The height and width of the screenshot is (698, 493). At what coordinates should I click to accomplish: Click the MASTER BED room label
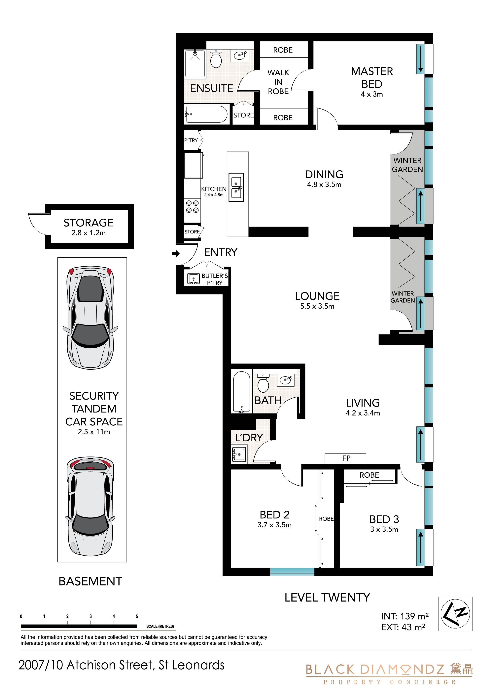pyautogui.click(x=372, y=78)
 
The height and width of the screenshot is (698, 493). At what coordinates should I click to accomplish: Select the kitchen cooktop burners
pyautogui.click(x=193, y=207)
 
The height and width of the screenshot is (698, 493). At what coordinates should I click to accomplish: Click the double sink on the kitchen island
pyautogui.click(x=236, y=187)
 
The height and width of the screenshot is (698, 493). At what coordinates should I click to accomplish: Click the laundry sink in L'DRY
pyautogui.click(x=239, y=455)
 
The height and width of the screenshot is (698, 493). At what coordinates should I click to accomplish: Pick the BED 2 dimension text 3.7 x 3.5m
pyautogui.click(x=275, y=525)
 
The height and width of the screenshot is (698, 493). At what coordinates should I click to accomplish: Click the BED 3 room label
pyautogui.click(x=384, y=519)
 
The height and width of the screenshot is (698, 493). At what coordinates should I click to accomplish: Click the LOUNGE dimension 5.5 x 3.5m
pyautogui.click(x=317, y=306)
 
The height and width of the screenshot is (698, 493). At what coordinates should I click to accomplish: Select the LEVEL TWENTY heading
pyautogui.click(x=328, y=597)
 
